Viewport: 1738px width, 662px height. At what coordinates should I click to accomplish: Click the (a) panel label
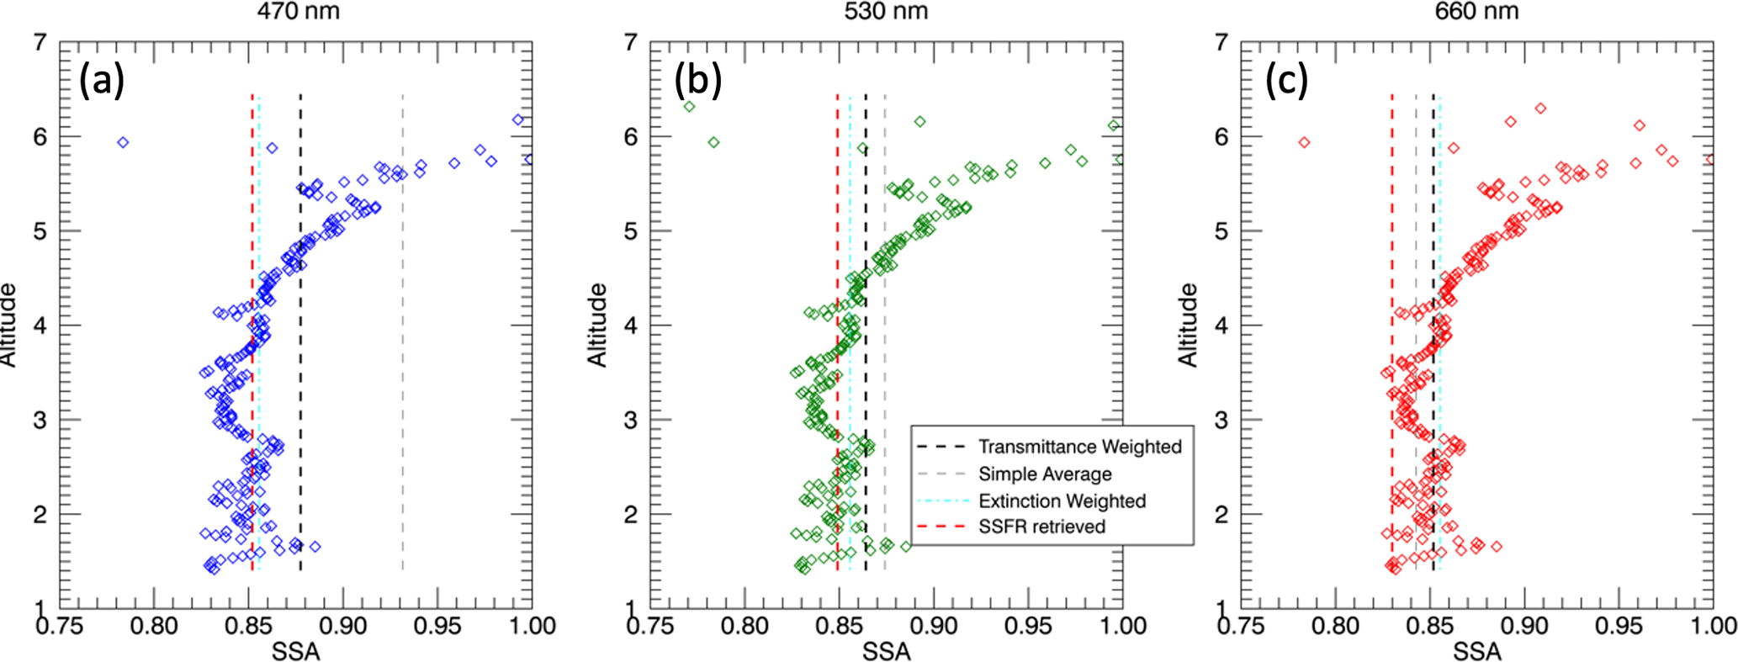tap(102, 82)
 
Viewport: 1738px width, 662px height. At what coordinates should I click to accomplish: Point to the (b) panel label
tap(697, 82)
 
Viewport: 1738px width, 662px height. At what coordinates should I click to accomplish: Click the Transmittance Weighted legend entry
tap(1079, 447)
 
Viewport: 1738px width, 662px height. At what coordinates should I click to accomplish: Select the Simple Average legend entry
tap(1045, 474)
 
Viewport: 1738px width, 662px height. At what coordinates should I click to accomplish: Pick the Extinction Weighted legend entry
tap(1062, 500)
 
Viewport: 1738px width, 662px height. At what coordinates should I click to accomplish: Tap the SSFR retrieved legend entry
tap(1041, 527)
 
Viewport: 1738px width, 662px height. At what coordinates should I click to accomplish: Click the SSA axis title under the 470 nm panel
tap(295, 651)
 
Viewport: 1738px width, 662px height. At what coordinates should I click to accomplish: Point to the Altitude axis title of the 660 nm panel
tap(1187, 325)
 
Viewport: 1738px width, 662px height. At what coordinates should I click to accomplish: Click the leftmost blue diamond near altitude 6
tap(123, 142)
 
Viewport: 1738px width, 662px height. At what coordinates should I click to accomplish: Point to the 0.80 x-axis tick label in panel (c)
tap(1337, 626)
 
